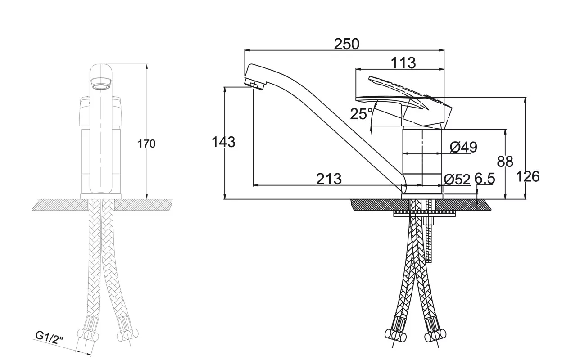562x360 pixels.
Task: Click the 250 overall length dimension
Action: tap(346, 44)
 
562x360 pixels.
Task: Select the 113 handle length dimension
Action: tap(403, 63)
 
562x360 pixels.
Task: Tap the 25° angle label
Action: tap(361, 114)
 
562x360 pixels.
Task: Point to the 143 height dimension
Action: tap(223, 142)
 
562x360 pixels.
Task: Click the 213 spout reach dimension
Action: tap(329, 179)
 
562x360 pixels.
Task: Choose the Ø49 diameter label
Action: tap(463, 147)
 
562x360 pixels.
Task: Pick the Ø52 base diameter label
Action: tap(457, 180)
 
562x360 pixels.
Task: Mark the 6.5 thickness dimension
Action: tap(485, 179)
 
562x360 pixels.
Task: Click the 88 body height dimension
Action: tap(505, 162)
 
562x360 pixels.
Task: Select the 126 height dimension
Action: tap(528, 177)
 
